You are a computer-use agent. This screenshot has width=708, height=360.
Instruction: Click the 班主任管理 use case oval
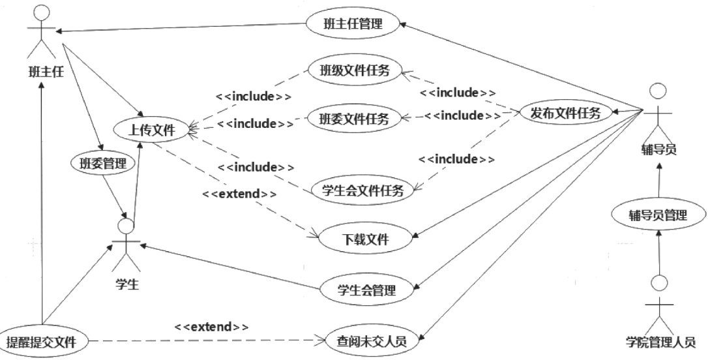click(352, 25)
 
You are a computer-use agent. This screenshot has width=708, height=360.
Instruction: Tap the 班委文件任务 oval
click(355, 119)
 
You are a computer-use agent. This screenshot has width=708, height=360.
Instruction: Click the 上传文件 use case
click(152, 130)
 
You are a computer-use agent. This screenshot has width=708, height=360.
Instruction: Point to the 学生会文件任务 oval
click(362, 190)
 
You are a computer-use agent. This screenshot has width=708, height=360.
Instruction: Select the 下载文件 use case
click(365, 239)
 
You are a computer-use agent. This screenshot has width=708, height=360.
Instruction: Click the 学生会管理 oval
click(367, 290)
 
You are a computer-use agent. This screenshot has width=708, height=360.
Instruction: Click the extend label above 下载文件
click(239, 194)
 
